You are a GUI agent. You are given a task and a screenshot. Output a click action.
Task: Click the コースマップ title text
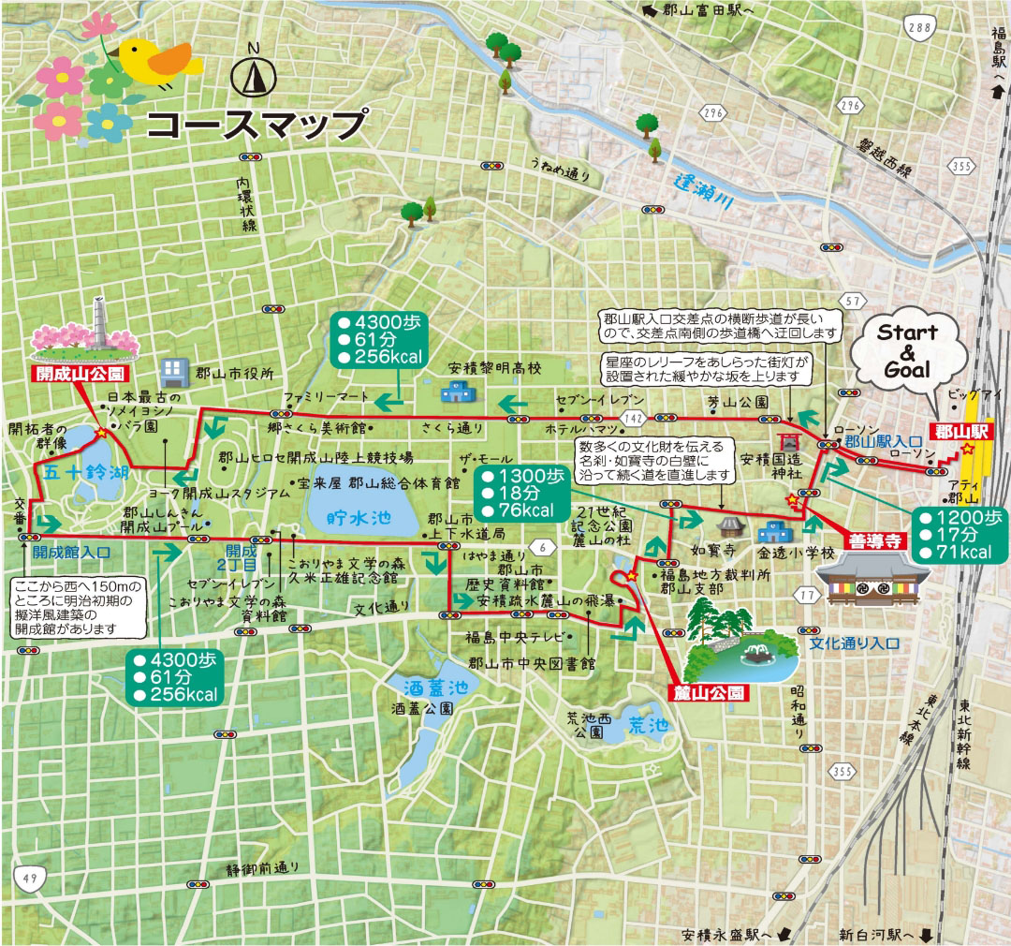256,125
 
